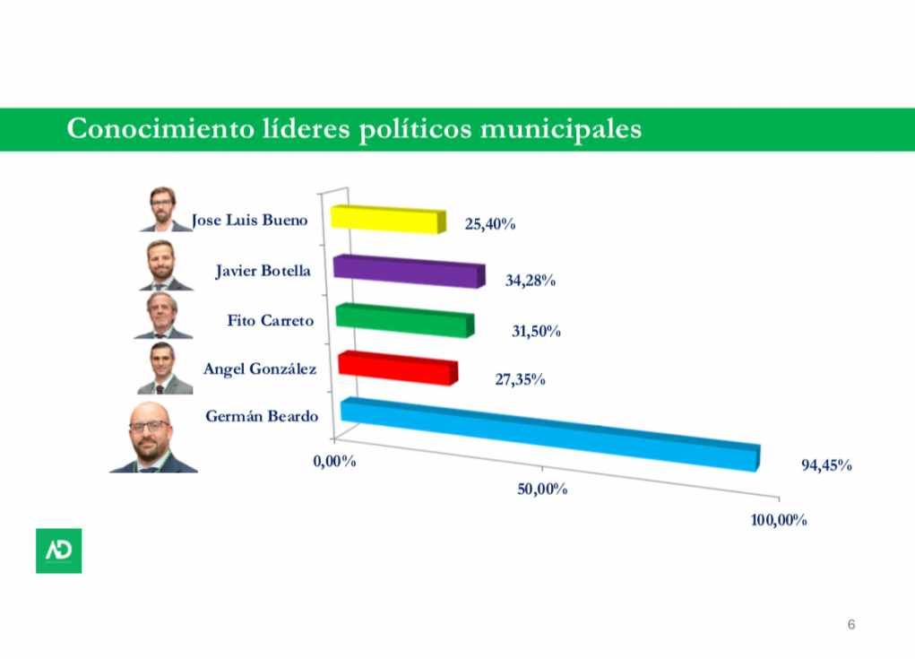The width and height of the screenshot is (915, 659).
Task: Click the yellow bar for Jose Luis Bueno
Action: click(x=387, y=219)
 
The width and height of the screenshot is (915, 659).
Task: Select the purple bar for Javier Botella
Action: click(x=408, y=271)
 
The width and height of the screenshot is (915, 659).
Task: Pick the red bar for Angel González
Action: click(x=397, y=369)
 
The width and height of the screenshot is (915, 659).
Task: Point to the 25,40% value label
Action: click(x=489, y=224)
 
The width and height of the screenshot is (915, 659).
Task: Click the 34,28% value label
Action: click(x=531, y=281)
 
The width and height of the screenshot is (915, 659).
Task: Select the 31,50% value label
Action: click(x=536, y=332)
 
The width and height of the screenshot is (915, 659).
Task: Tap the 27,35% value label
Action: click(x=521, y=380)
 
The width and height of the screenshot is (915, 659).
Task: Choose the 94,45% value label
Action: click(x=825, y=465)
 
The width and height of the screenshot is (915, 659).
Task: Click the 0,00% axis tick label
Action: click(x=335, y=461)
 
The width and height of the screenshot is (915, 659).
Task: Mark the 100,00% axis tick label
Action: click(x=779, y=520)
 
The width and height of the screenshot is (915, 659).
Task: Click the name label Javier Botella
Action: click(x=263, y=270)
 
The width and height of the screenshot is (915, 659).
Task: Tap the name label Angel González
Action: click(x=260, y=369)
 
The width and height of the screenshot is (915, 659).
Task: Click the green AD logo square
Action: click(x=58, y=551)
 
